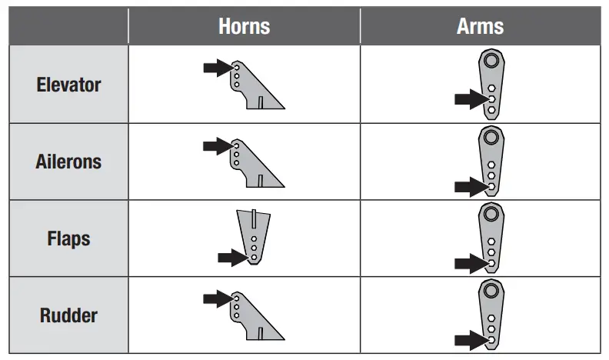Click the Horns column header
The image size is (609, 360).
point(244,25)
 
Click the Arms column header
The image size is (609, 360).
point(480,25)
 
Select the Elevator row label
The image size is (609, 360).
point(68,85)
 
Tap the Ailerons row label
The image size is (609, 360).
point(68,162)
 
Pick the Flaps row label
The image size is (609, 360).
point(68,239)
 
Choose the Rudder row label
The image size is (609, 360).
point(68,316)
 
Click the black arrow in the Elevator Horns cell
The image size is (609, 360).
point(218,68)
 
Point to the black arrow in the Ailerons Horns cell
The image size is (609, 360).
point(218,145)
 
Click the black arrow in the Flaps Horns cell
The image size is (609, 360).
point(233,258)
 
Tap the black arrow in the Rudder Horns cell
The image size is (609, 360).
point(218,299)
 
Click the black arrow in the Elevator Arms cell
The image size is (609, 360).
point(470,99)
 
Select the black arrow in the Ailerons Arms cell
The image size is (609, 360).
point(470,185)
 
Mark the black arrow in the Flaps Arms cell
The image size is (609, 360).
point(470,263)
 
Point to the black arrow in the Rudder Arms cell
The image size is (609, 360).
point(470,338)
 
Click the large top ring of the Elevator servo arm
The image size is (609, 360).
point(491,61)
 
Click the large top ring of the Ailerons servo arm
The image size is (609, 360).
point(491,138)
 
